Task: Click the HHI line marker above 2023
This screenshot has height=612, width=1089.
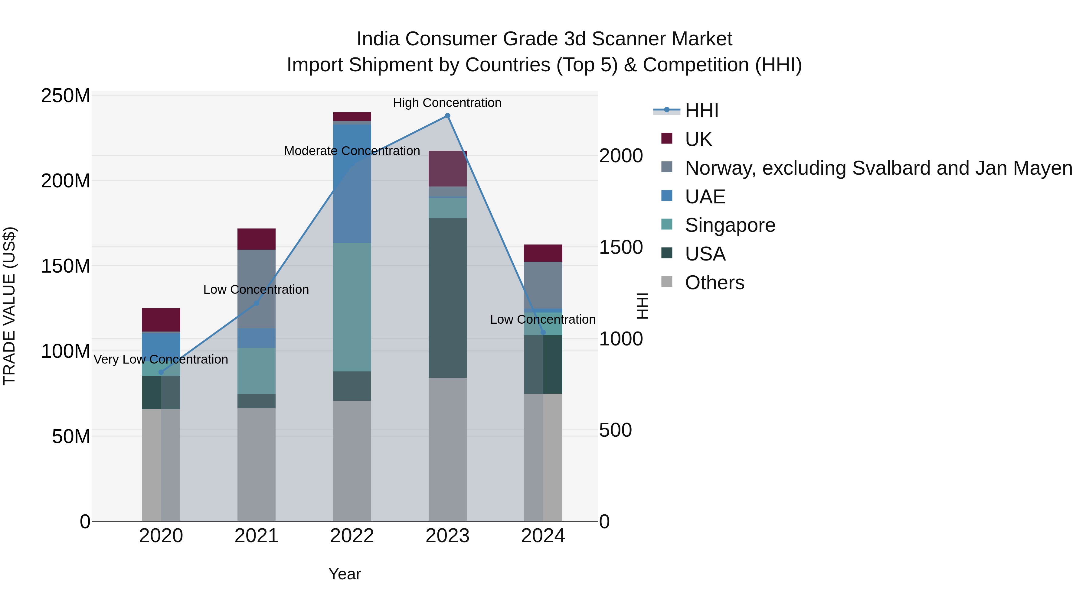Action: tap(447, 116)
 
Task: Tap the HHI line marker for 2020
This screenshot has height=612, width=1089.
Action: tap(161, 372)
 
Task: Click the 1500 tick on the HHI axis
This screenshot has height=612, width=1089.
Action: tap(621, 248)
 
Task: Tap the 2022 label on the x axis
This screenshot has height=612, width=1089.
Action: tap(352, 536)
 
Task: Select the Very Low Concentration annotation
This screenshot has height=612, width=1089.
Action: tap(161, 359)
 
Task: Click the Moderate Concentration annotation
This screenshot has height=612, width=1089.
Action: tap(352, 151)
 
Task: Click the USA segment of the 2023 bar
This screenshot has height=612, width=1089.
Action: tap(447, 298)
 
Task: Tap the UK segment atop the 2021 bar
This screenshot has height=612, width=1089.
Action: tap(256, 239)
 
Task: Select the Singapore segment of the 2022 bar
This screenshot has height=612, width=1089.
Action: tap(352, 307)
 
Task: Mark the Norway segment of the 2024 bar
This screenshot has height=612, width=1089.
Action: tap(543, 285)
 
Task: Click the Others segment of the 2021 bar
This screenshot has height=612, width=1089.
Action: tap(256, 465)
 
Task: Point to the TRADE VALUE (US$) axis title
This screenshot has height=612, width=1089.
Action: tap(9, 306)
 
